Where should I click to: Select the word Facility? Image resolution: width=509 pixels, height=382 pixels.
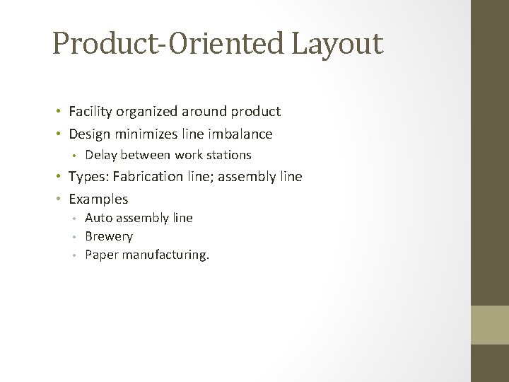click(88, 111)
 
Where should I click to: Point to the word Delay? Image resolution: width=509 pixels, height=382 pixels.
click(100, 155)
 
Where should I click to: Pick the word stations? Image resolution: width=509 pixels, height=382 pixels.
click(228, 155)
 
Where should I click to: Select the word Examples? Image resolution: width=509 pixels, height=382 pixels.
click(98, 199)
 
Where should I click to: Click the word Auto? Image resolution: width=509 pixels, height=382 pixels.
click(98, 218)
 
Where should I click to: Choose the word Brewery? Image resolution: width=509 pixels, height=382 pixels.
click(108, 236)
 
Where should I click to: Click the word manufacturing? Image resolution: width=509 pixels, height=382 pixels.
click(165, 255)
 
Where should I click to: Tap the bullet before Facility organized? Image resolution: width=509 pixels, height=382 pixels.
click(59, 112)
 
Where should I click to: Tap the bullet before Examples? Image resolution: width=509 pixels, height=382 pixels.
click(59, 199)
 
